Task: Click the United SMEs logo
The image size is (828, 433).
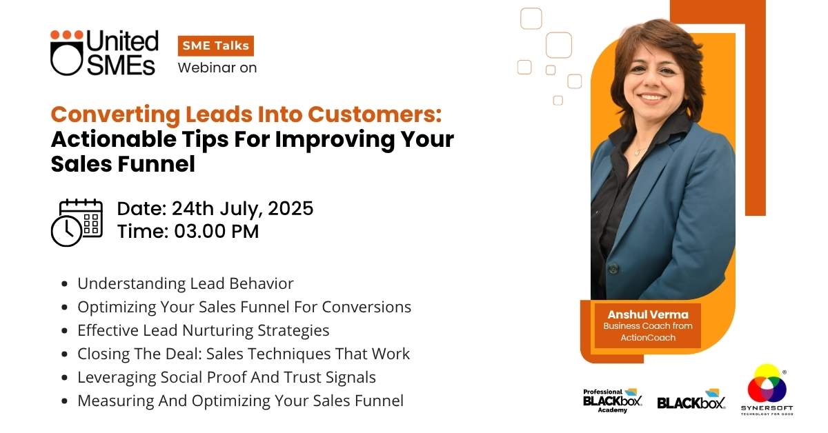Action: [x=105, y=52]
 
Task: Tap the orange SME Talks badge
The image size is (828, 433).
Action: [x=216, y=46]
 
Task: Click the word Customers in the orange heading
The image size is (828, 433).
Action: [x=375, y=114]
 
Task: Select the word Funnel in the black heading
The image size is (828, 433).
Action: [x=157, y=164]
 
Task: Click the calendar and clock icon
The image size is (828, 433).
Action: [x=77, y=223]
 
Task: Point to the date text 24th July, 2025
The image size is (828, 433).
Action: [x=242, y=209]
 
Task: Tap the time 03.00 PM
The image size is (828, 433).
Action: [x=216, y=231]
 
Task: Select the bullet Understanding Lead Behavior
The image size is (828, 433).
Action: [x=185, y=284]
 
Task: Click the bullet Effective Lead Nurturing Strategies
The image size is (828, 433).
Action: [x=204, y=330]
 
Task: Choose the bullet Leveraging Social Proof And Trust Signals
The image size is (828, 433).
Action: [x=226, y=377]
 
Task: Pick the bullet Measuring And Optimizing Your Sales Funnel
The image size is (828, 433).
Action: [x=240, y=401]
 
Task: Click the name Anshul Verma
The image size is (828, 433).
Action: [x=648, y=314]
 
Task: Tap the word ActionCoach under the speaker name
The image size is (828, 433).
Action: [x=648, y=337]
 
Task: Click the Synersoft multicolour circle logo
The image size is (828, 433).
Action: [x=767, y=383]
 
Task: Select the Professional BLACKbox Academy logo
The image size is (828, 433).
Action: [x=613, y=401]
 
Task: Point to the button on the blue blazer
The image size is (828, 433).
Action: [x=613, y=268]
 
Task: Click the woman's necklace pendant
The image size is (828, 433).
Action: [x=637, y=152]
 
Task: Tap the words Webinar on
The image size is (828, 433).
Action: [x=217, y=68]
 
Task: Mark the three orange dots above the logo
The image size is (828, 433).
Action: [x=67, y=34]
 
